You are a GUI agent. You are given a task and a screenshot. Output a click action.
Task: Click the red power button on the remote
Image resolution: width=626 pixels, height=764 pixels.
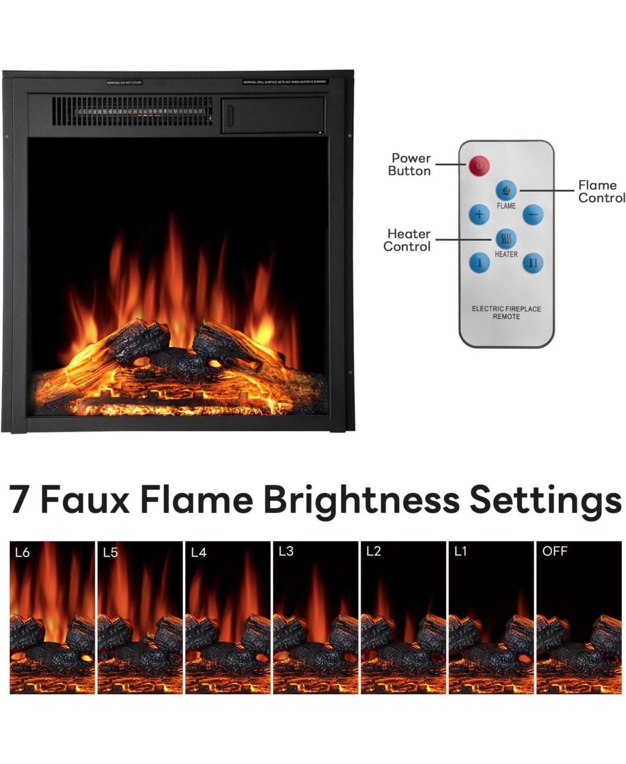(478, 166)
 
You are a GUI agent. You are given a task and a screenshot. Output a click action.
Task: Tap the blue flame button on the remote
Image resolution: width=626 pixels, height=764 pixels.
(505, 191)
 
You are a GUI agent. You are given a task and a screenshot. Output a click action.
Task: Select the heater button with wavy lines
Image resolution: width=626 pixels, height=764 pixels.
(506, 239)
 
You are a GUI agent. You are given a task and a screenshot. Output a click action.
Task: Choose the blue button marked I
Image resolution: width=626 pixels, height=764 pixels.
(479, 263)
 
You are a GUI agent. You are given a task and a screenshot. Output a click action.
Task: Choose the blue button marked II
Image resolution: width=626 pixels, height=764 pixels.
(533, 263)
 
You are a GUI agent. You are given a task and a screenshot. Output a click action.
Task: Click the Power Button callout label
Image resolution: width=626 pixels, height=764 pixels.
(410, 164)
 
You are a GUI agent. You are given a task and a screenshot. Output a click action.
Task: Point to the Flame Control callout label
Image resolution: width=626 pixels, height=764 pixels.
(601, 191)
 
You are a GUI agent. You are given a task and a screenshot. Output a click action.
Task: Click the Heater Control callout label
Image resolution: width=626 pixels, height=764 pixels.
(407, 240)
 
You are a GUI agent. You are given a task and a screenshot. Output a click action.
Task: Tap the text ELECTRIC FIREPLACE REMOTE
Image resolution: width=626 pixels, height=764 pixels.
(506, 313)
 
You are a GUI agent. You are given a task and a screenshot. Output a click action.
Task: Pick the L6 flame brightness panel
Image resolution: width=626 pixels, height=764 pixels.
(52, 618)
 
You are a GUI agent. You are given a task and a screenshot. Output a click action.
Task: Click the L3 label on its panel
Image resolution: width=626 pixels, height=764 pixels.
(286, 551)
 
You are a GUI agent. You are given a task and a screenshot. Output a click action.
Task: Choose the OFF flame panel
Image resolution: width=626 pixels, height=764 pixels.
(579, 618)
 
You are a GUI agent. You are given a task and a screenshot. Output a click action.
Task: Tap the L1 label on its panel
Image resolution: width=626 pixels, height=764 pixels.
(460, 551)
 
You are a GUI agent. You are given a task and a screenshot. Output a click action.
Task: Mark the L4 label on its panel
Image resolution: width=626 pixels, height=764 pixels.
(199, 552)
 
